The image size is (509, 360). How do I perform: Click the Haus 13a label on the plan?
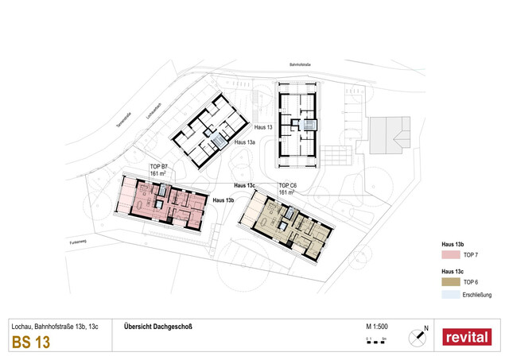[246, 142]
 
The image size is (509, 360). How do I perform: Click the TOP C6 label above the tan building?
[288, 186]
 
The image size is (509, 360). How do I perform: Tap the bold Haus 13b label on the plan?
[223, 201]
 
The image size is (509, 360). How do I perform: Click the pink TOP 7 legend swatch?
[451, 255]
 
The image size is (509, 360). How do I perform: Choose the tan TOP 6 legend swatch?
[451, 282]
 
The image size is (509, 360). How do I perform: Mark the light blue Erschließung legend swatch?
[451, 296]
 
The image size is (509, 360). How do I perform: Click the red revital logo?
[467, 337]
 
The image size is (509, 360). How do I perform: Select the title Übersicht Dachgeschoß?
[158, 327]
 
